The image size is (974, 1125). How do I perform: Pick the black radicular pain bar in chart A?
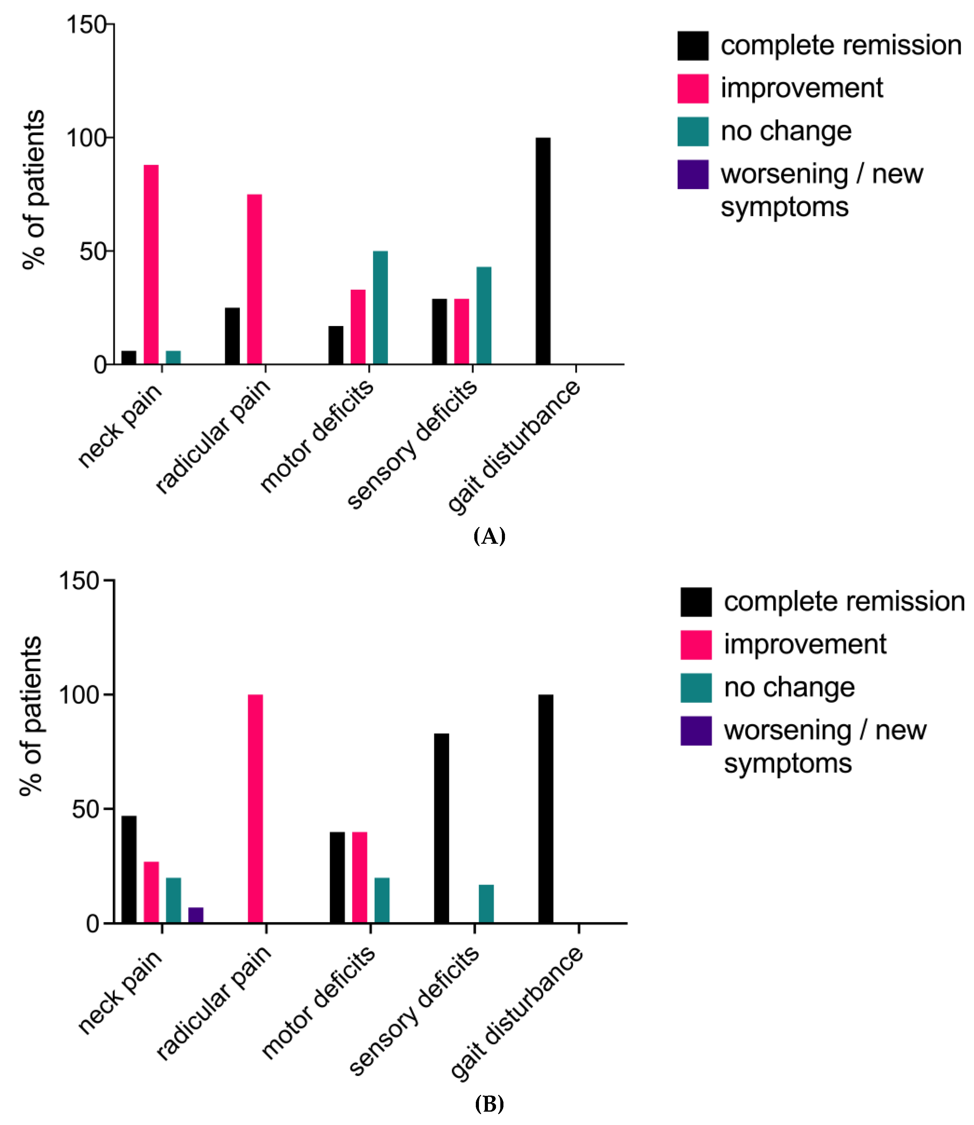[x=232, y=335]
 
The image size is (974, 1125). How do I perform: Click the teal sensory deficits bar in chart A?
[x=484, y=315]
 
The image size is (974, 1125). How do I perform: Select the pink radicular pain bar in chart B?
[x=255, y=809]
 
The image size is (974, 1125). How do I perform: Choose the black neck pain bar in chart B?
[x=129, y=869]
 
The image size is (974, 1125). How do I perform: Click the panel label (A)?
[x=489, y=536]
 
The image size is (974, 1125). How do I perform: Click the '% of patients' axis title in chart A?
[x=34, y=190]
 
